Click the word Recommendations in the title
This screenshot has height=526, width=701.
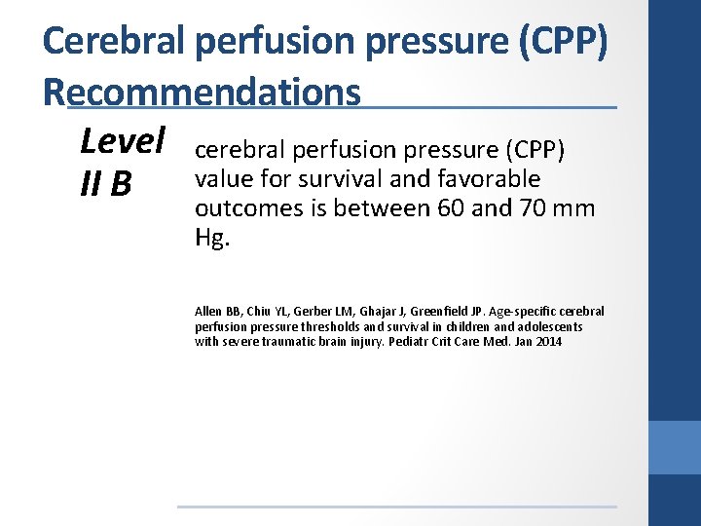click(x=202, y=93)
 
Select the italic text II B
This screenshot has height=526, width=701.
click(x=107, y=183)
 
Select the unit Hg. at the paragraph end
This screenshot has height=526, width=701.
click(x=211, y=238)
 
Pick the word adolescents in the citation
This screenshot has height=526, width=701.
click(x=552, y=327)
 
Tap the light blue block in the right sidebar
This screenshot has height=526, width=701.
click(x=674, y=447)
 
